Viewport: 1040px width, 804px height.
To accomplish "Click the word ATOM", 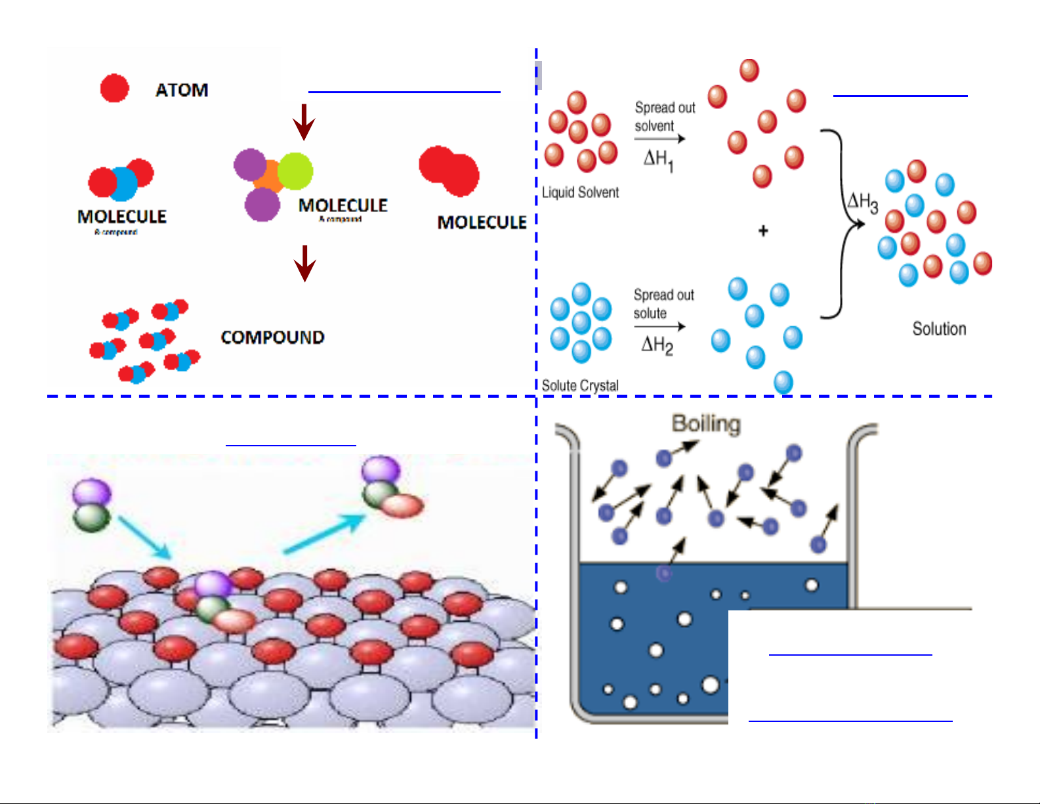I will coord(182,90).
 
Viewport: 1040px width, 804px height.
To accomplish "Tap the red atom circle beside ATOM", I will coord(115,88).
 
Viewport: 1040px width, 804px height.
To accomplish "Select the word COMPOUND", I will coord(272,337).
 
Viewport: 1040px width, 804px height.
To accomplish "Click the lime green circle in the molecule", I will coord(295,171).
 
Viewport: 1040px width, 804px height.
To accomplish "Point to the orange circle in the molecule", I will coord(270,176).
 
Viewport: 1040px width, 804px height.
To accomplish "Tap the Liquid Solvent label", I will coord(580,192).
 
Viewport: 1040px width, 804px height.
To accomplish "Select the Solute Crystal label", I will coord(580,385).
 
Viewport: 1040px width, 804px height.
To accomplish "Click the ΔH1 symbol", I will coord(658,159).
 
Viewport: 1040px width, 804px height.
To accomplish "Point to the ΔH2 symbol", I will coord(657,345).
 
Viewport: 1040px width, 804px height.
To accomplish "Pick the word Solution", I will coord(939,329).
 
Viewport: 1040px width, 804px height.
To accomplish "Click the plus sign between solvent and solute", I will coord(763,231).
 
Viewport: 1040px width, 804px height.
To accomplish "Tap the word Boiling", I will coord(706,424).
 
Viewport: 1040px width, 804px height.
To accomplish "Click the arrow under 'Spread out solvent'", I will coord(659,138).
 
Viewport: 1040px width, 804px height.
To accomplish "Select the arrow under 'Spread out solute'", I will coord(659,326).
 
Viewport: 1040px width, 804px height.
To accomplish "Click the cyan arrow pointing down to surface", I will coord(145,538).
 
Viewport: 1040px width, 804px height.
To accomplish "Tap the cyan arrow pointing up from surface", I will coord(324,533).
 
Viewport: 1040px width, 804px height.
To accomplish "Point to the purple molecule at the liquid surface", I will coord(665,573).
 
